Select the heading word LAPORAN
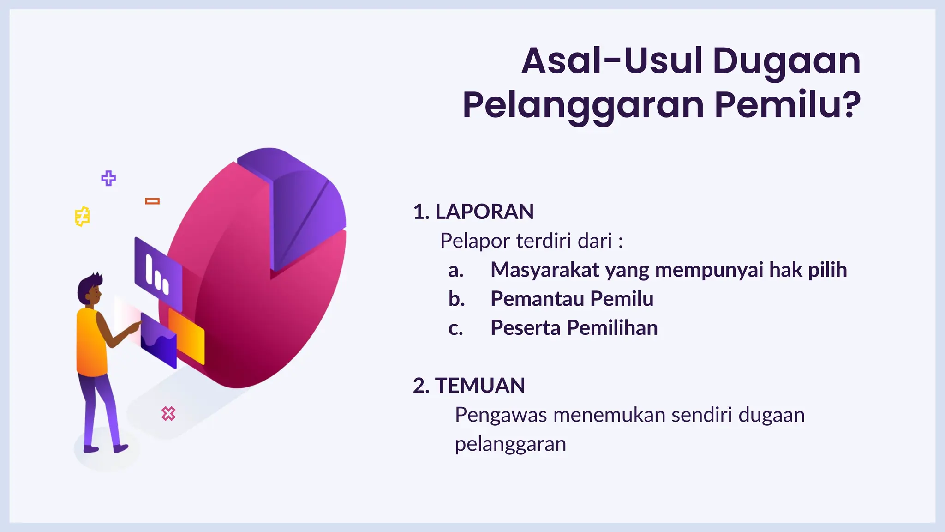[x=484, y=212]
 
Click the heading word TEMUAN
[x=480, y=386]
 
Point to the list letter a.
[x=455, y=270]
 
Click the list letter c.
[x=455, y=328]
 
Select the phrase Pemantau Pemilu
[x=572, y=299]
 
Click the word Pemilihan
[x=612, y=328]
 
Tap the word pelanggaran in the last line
[x=510, y=444]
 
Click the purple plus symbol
[x=108, y=178]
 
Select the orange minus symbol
[x=152, y=201]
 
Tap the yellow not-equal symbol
[x=82, y=216]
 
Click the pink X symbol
[x=168, y=413]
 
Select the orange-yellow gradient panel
[x=187, y=336]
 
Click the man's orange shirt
[x=91, y=342]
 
